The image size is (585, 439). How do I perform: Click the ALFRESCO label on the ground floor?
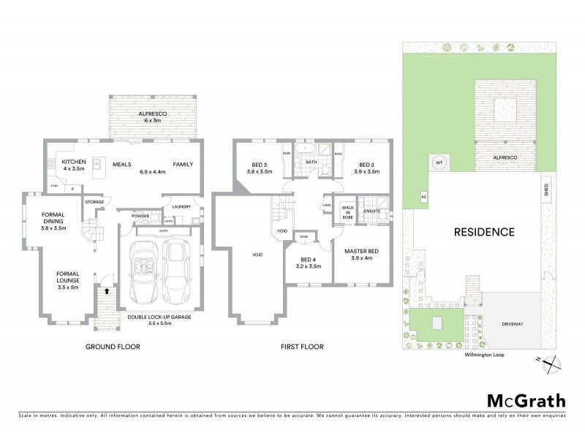[154, 114]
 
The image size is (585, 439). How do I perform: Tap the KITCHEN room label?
[75, 161]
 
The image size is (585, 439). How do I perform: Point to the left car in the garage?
[142, 272]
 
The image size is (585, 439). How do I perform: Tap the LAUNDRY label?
[181, 206]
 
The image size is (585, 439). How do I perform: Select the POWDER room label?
[140, 216]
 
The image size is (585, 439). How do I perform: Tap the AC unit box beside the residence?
[423, 196]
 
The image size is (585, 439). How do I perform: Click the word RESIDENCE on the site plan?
[484, 233]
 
